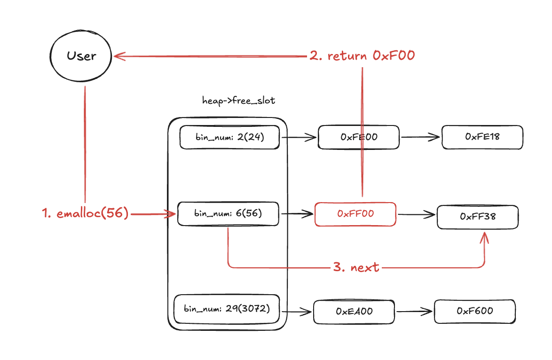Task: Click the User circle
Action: point(80,56)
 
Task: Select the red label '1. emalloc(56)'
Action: point(85,213)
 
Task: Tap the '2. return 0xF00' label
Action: point(362,56)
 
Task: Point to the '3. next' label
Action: point(356,267)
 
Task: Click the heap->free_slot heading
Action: point(238,101)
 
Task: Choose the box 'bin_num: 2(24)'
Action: point(229,137)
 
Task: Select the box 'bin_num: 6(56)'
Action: point(228,214)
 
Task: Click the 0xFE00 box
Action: point(359,137)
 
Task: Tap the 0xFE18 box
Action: point(482,137)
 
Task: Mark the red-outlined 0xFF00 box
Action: point(355,214)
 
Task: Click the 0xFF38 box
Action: point(478,217)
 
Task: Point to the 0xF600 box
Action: point(474,311)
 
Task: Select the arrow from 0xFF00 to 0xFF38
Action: point(416,215)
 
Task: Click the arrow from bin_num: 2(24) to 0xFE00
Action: point(299,137)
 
